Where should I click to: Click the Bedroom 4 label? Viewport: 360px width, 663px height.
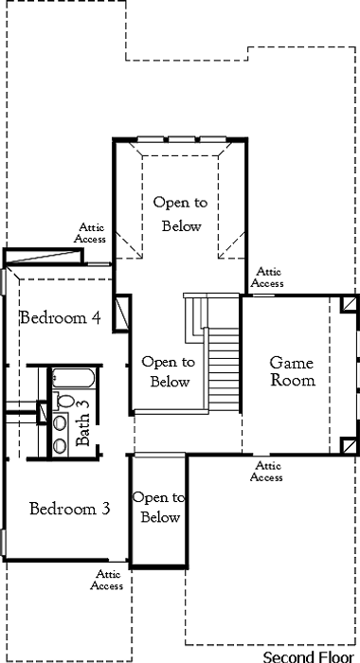pyautogui.click(x=61, y=317)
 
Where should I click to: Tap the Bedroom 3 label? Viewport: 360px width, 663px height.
pyautogui.click(x=70, y=509)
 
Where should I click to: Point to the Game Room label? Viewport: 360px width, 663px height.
pyautogui.click(x=293, y=371)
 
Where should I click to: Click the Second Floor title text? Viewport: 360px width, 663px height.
pyautogui.click(x=308, y=656)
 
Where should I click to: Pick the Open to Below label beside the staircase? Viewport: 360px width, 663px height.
pyautogui.click(x=169, y=371)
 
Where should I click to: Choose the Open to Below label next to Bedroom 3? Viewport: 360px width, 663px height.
pyautogui.click(x=159, y=507)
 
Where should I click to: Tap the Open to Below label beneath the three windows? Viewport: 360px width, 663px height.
pyautogui.click(x=181, y=214)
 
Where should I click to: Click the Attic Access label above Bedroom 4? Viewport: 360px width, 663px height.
pyautogui.click(x=90, y=233)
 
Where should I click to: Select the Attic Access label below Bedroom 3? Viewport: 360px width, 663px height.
pyautogui.click(x=107, y=580)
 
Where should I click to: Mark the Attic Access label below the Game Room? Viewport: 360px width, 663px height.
pyautogui.click(x=266, y=472)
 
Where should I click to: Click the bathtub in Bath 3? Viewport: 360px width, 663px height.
pyautogui.click(x=73, y=378)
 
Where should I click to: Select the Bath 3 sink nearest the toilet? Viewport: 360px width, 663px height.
pyautogui.click(x=60, y=422)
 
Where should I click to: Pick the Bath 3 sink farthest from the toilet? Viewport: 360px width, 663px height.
pyautogui.click(x=60, y=445)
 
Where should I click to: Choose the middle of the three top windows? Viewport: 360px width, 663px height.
pyautogui.click(x=182, y=139)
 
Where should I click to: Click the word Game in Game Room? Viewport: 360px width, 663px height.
pyautogui.click(x=292, y=363)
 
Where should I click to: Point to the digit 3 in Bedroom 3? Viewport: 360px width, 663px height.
pyautogui.click(x=106, y=509)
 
